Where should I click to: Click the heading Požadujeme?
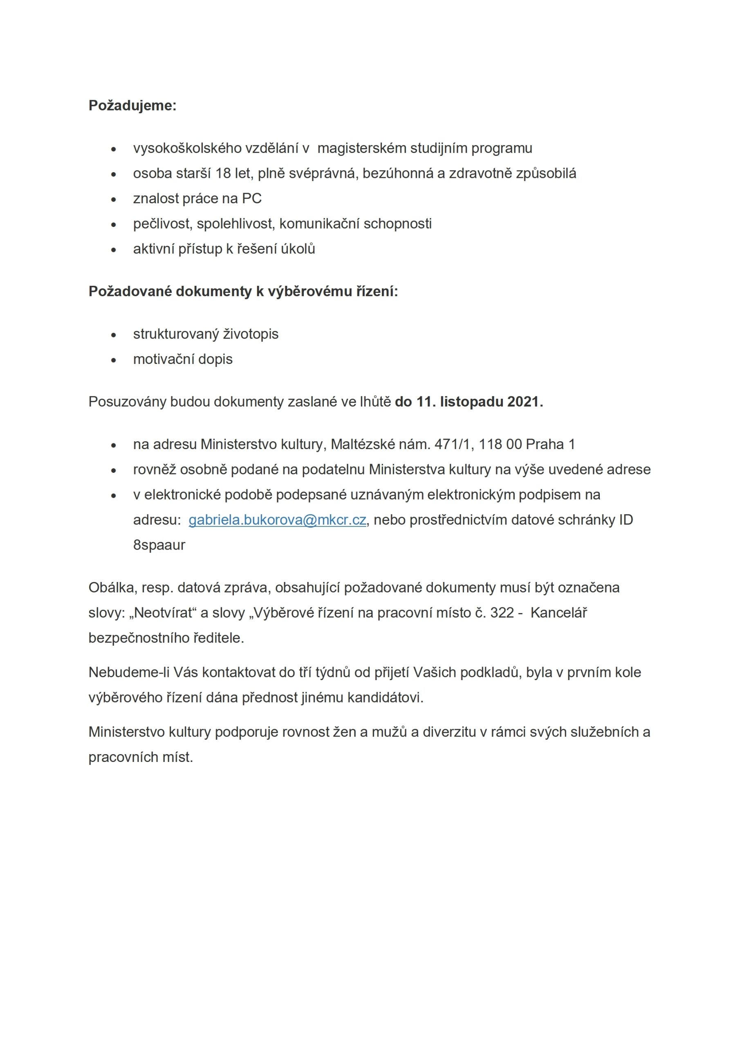pos(132,106)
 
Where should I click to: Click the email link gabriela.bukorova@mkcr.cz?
pos(277,520)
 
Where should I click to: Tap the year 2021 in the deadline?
pos(523,402)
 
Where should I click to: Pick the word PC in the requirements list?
pos(252,199)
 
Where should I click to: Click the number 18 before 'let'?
pos(223,174)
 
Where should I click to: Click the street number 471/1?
pos(452,444)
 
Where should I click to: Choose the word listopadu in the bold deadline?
pos(469,402)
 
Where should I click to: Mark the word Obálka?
pos(112,588)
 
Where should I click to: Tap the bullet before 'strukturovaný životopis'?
pos(114,335)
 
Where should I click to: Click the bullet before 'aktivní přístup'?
pos(114,250)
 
